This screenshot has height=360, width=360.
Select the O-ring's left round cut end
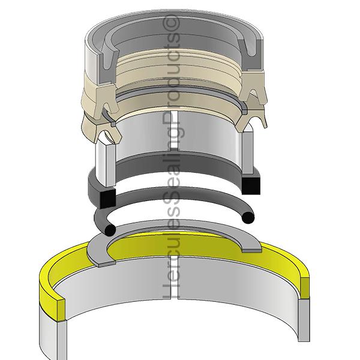click(x=109, y=229)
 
